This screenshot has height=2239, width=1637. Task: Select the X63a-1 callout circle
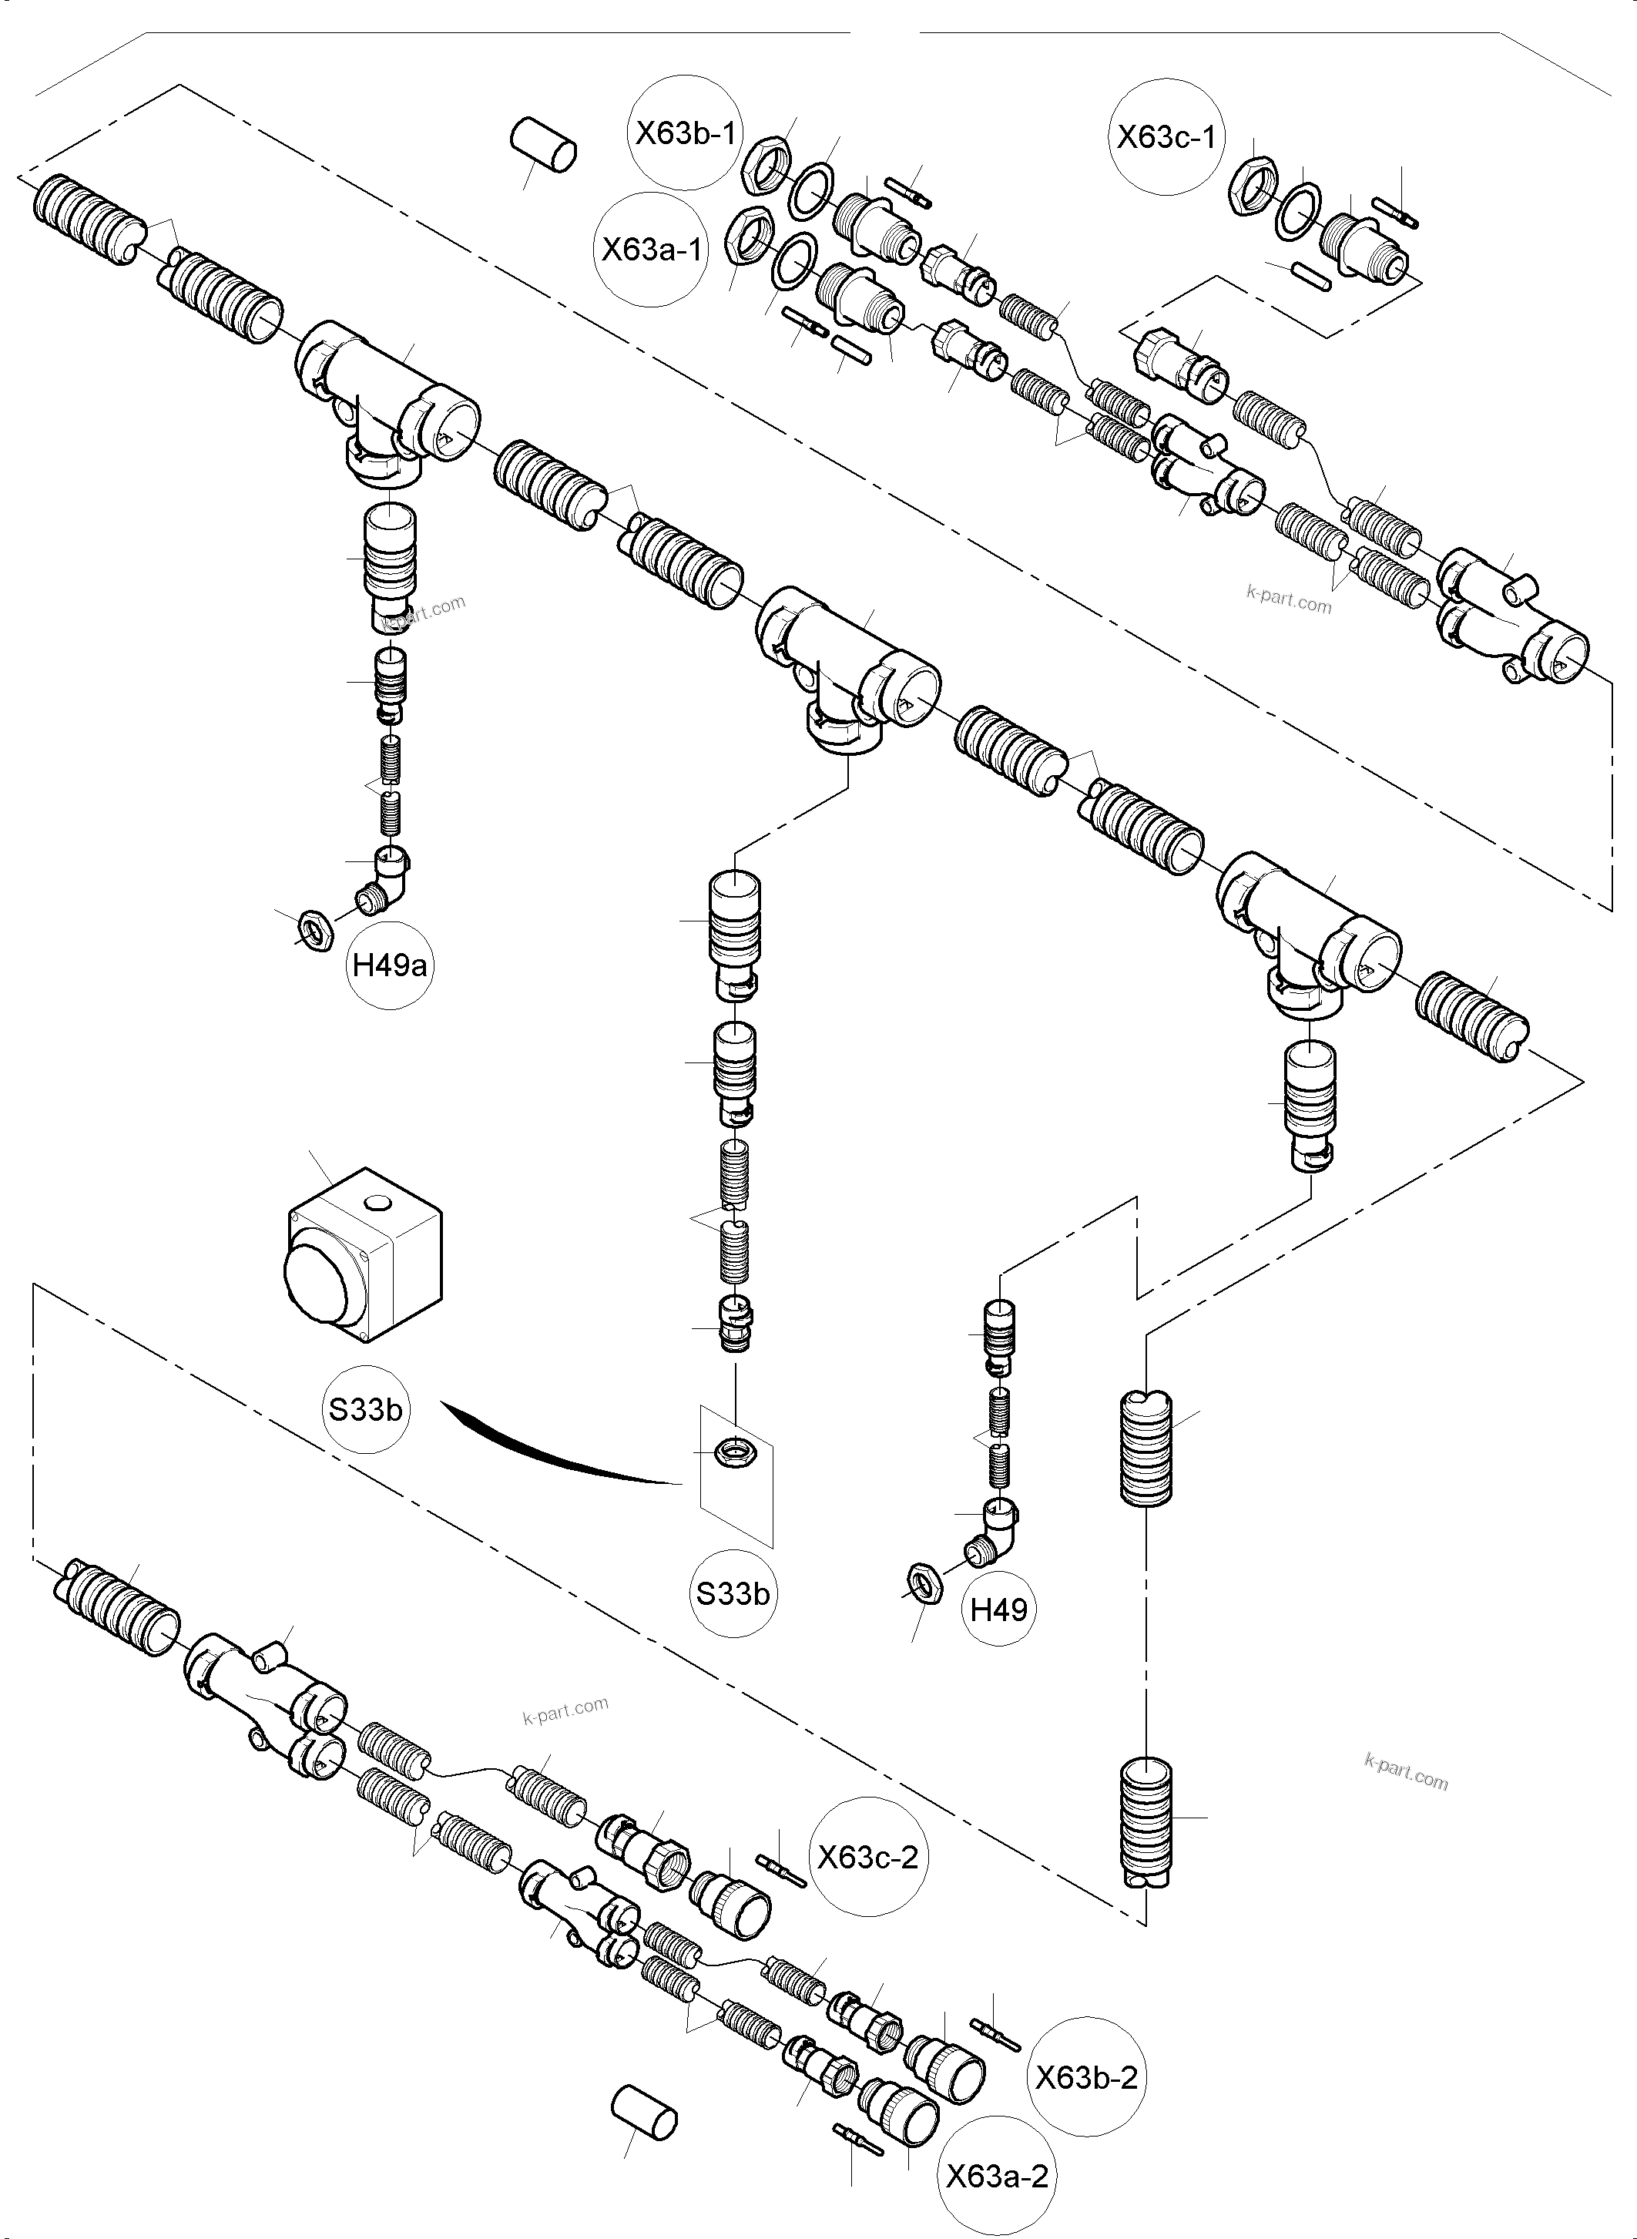[x=651, y=249]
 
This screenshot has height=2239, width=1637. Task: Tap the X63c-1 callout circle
[x=1166, y=137]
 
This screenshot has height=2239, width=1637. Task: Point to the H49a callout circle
[x=391, y=965]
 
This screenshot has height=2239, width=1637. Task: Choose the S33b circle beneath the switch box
[x=366, y=1409]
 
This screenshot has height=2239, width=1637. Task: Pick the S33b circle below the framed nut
[x=733, y=1594]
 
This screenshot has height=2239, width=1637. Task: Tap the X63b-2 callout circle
[x=1086, y=2077]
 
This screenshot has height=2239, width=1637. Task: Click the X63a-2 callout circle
[x=996, y=2177]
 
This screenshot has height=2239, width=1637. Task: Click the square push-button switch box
[x=364, y=1256]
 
